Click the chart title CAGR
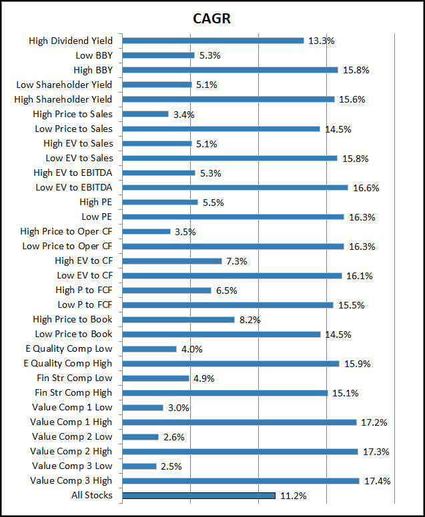212,18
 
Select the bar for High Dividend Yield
213,41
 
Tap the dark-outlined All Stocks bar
199,495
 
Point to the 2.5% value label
173,466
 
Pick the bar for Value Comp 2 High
240,452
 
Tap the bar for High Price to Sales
145,114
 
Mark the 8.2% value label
250,320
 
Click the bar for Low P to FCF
228,305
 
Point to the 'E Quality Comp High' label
67,363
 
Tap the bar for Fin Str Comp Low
156,378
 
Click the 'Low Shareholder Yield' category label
64,85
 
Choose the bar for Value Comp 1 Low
143,408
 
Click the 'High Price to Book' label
73,319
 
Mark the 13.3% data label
321,41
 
